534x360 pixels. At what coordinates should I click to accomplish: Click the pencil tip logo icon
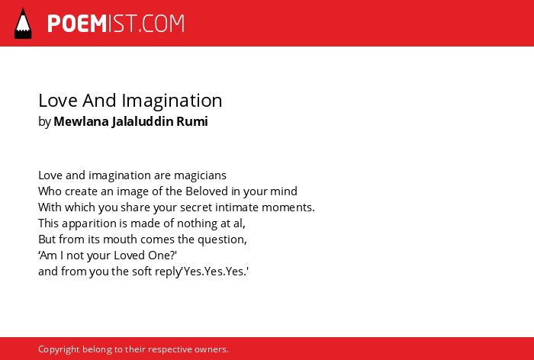pos(23,23)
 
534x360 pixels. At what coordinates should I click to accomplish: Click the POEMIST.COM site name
pos(116,24)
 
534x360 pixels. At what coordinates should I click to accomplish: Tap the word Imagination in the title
pos(172,101)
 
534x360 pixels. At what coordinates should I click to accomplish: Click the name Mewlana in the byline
pos(81,121)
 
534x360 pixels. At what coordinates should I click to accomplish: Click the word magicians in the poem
pos(200,175)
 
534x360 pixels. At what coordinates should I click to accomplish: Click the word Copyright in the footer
pos(59,350)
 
